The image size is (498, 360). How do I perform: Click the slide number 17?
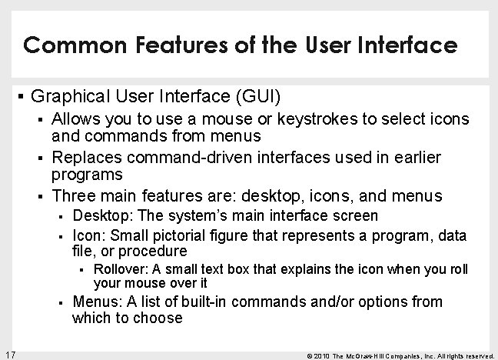pos(10,353)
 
